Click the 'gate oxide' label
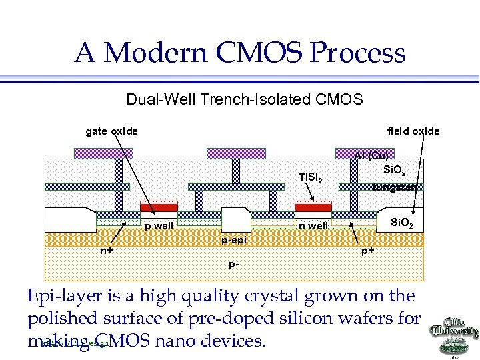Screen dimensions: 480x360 point(112,131)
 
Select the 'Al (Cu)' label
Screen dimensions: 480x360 point(371,156)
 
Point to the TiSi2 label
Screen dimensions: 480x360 point(311,178)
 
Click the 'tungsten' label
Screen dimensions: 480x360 point(394,187)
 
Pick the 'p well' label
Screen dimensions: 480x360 point(159,226)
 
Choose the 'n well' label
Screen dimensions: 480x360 point(313,226)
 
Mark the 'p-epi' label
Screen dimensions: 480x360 point(233,239)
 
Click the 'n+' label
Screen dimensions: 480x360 point(106,251)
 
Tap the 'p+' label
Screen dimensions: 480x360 point(367,251)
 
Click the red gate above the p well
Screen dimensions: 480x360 point(159,208)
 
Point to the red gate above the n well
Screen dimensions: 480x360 point(313,208)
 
